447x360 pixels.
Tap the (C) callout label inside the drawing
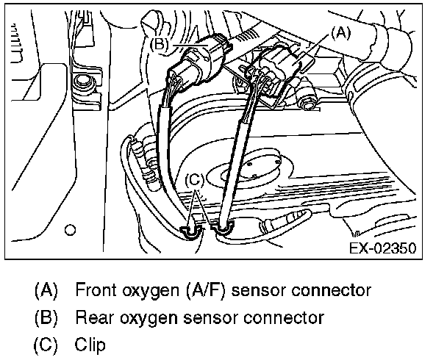point(194,179)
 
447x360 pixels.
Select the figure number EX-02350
point(381,247)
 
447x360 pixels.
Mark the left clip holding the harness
point(190,231)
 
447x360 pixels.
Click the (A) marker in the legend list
point(46,289)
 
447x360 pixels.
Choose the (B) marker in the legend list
point(46,317)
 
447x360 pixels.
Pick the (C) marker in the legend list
point(46,344)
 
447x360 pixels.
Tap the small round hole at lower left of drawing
point(71,228)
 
